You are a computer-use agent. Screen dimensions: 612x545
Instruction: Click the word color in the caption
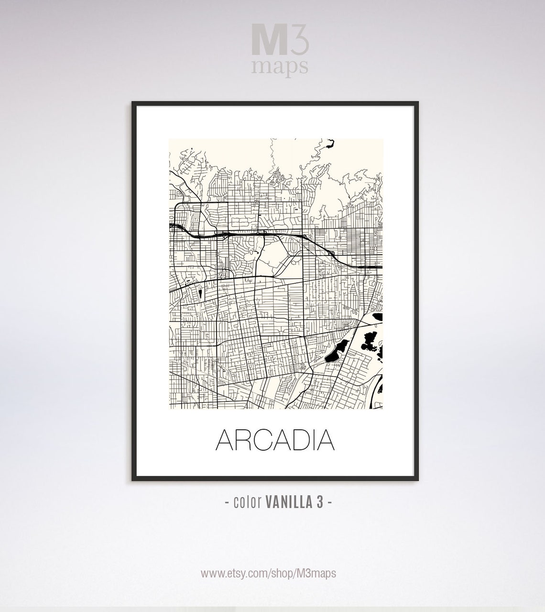(247, 503)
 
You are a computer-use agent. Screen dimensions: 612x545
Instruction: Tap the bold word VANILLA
(286, 503)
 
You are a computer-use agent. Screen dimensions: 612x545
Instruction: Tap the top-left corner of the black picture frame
(133, 103)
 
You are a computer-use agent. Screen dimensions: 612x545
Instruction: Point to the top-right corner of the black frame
(417, 103)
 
